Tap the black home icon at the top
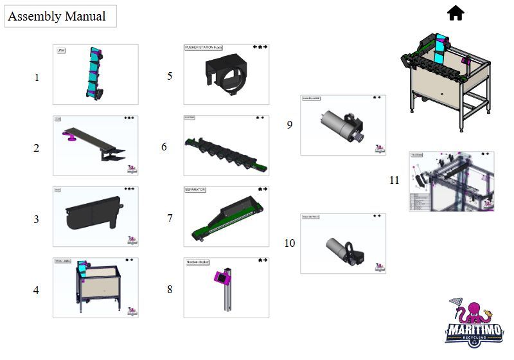pyautogui.click(x=456, y=13)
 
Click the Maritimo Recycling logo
pyautogui.click(x=474, y=323)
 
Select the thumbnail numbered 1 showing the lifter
pyautogui.click(x=95, y=74)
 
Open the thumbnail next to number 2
pyautogui.click(x=95, y=145)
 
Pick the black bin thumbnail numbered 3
pyautogui.click(x=95, y=217)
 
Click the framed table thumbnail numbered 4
pyautogui.click(x=95, y=287)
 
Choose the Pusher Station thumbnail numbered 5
pyautogui.click(x=226, y=74)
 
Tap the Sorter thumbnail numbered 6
pyautogui.click(x=226, y=145)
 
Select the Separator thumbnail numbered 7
pyautogui.click(x=226, y=217)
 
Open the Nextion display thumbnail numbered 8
pyautogui.click(x=226, y=287)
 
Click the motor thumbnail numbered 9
pyautogui.click(x=343, y=125)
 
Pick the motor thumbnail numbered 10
pyautogui.click(x=343, y=244)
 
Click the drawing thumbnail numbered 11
pyautogui.click(x=452, y=181)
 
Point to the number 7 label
pyautogui.click(x=170, y=219)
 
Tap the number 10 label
pyautogui.click(x=290, y=243)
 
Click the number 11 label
pyautogui.click(x=394, y=180)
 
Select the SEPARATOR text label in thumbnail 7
pyautogui.click(x=195, y=190)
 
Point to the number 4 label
pyautogui.click(x=36, y=290)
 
